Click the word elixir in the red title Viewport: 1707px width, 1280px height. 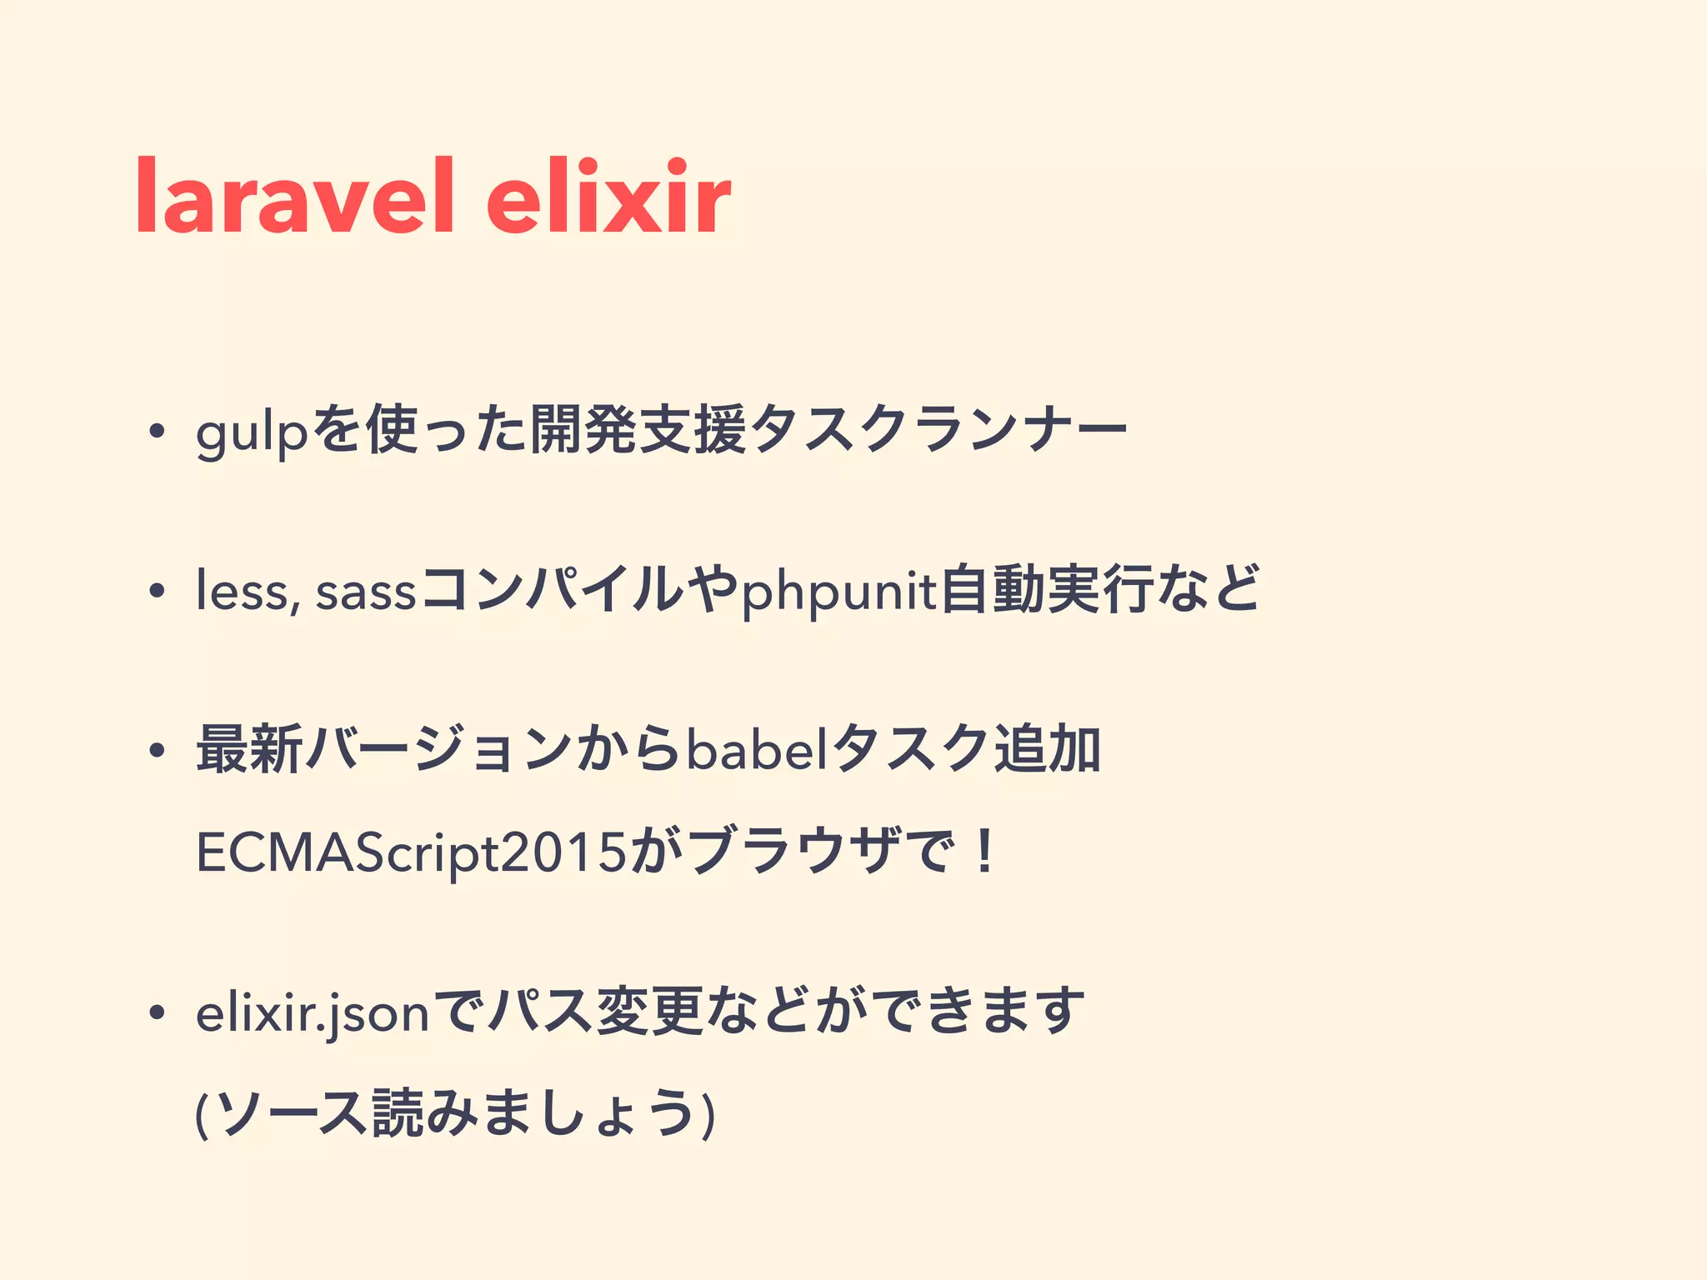(x=608, y=197)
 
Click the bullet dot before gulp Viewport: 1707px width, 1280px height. (x=155, y=432)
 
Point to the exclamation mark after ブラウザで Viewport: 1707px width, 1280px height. (x=985, y=852)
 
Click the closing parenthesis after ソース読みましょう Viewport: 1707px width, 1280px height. (x=708, y=1114)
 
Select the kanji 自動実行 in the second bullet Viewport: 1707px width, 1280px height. (x=1047, y=590)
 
